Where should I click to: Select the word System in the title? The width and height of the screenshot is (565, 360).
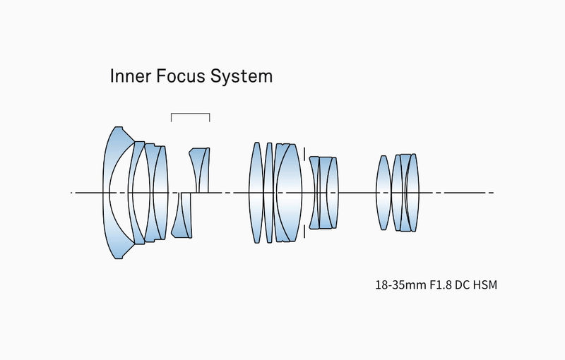[x=243, y=76]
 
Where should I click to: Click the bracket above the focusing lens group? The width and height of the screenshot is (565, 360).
[x=191, y=114]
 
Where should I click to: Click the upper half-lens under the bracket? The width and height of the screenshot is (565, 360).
[x=201, y=169]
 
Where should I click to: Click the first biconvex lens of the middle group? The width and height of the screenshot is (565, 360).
[x=256, y=192]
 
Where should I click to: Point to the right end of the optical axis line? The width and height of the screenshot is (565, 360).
[x=492, y=192]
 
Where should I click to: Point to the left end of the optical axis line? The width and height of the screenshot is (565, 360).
[x=72, y=192]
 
